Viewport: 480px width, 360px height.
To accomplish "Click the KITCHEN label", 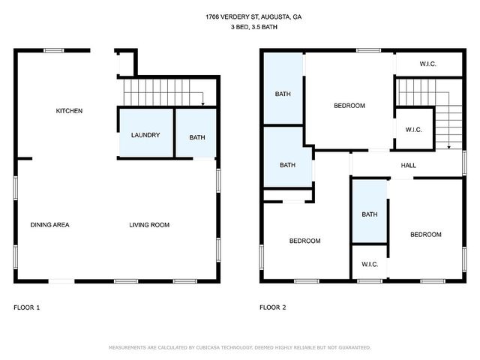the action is coord(69,111).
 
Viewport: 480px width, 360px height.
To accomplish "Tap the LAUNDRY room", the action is coord(145,133).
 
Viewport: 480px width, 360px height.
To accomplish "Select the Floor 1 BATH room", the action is coord(196,133).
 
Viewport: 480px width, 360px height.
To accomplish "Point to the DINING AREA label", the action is coord(50,225).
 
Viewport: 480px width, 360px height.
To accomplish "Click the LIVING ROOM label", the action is coord(149,225).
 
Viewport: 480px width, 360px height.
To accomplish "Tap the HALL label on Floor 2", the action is coord(408,166).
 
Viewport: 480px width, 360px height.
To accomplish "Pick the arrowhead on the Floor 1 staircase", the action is coord(202,104).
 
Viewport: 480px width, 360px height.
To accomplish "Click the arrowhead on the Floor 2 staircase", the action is coord(448,147).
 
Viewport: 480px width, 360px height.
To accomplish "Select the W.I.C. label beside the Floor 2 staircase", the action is coord(413,130).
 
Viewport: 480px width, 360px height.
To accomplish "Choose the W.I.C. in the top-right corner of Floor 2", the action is coord(428,64).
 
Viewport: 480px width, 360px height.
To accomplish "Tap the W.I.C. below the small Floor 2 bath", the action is coord(370,264).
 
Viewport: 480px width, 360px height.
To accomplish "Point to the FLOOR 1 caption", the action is coord(27,307).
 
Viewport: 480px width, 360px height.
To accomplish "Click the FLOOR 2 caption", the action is coord(273,307).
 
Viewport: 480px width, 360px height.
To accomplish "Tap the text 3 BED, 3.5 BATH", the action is coord(254,27).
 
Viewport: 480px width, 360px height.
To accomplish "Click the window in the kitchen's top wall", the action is coord(54,50).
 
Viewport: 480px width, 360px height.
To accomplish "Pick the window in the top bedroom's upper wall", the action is coord(368,50).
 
